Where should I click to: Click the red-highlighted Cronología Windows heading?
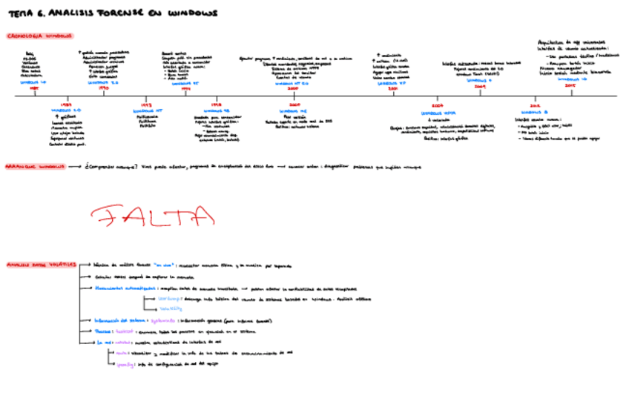(39, 36)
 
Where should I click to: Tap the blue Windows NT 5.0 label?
(286, 83)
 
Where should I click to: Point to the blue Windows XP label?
(392, 83)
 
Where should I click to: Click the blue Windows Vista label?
(436, 113)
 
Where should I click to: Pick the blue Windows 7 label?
(480, 80)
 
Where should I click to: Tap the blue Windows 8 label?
(534, 113)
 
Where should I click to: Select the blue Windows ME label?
(289, 111)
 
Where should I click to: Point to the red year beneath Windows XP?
(393, 89)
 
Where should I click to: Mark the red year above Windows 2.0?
(66, 105)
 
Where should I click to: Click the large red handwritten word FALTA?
(152, 216)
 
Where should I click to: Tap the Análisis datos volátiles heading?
(38, 264)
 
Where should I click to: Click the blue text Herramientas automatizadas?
(125, 287)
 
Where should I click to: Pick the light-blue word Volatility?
(171, 308)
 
